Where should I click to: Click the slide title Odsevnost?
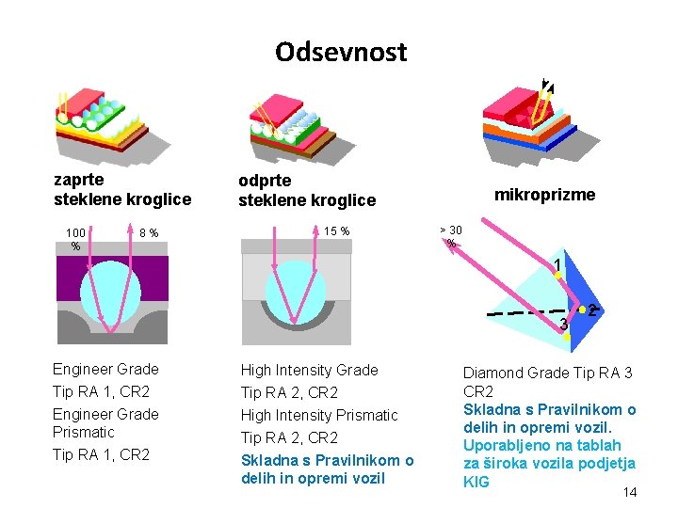[341, 51]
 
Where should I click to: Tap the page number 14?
[630, 492]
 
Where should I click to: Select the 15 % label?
[336, 231]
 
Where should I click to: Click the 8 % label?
[148, 232]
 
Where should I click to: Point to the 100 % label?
[75, 239]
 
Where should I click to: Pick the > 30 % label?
[451, 236]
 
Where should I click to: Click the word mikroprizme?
[545, 195]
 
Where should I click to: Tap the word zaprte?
[79, 179]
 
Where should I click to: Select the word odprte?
[265, 180]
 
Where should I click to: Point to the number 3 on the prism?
[563, 325]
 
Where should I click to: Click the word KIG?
[477, 482]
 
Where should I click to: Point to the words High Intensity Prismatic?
[319, 415]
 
